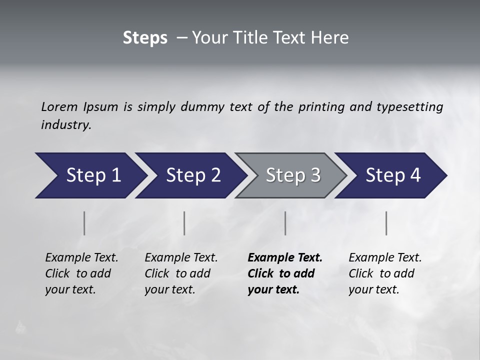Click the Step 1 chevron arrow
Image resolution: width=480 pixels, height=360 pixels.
(90, 175)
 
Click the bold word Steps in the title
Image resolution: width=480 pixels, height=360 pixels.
(145, 38)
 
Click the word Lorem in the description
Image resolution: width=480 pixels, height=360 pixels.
(59, 106)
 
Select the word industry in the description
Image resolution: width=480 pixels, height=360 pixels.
(65, 124)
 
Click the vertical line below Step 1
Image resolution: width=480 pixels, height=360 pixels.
(84, 223)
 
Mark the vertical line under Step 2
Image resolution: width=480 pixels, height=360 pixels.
(184, 223)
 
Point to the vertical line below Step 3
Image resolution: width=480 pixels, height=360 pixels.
(285, 223)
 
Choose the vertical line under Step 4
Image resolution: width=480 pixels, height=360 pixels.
(386, 223)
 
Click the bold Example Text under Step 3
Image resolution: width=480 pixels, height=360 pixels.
(285, 258)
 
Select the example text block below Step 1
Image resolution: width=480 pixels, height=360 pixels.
(81, 273)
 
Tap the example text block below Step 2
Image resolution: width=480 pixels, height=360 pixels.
(181, 273)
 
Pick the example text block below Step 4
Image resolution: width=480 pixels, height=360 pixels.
(385, 273)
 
